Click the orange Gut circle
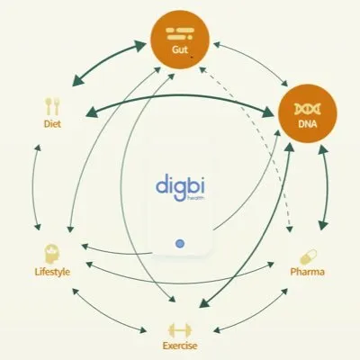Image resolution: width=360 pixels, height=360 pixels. [x=180, y=40]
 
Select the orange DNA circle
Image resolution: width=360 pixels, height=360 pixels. [x=308, y=113]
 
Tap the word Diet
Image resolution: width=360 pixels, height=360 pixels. [x=52, y=123]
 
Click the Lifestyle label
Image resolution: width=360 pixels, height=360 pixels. [x=52, y=272]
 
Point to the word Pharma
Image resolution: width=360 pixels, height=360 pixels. [x=307, y=272]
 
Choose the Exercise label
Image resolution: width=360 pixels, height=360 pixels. [x=180, y=346]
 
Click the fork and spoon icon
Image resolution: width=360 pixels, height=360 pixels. [x=52, y=106]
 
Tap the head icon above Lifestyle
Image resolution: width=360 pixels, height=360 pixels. [x=52, y=254]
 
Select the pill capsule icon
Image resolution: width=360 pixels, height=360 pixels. [x=308, y=256]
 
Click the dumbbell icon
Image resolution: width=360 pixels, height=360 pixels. [x=180, y=330]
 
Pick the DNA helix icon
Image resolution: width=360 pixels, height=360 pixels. [x=308, y=109]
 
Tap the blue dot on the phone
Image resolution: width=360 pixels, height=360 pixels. [x=180, y=244]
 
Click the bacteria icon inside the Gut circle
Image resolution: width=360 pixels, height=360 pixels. [x=180, y=33]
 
